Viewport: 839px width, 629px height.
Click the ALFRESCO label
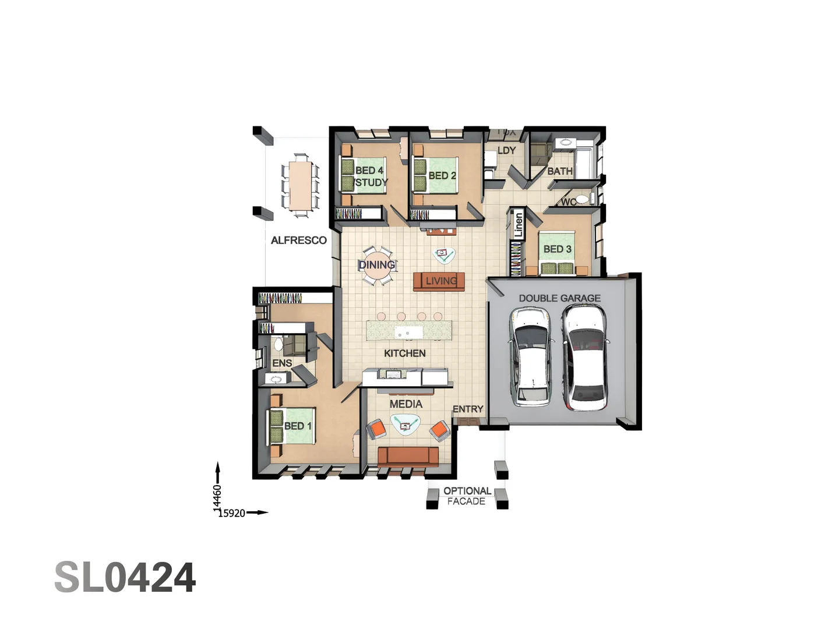[298, 240]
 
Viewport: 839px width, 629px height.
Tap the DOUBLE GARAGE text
[559, 298]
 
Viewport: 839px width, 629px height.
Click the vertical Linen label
[518, 225]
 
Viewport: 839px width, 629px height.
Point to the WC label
[568, 202]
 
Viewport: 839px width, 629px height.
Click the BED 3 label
[557, 249]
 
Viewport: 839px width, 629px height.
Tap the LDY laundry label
[506, 150]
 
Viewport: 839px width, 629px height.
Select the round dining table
[377, 266]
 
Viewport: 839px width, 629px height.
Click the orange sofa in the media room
[408, 456]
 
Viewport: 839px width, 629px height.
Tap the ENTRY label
[467, 409]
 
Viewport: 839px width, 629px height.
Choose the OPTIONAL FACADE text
[467, 496]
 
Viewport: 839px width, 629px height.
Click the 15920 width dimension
[232, 513]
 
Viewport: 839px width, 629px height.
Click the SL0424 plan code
[125, 578]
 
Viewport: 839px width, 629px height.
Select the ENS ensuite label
[282, 363]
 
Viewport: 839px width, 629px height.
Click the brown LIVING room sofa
[439, 281]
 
